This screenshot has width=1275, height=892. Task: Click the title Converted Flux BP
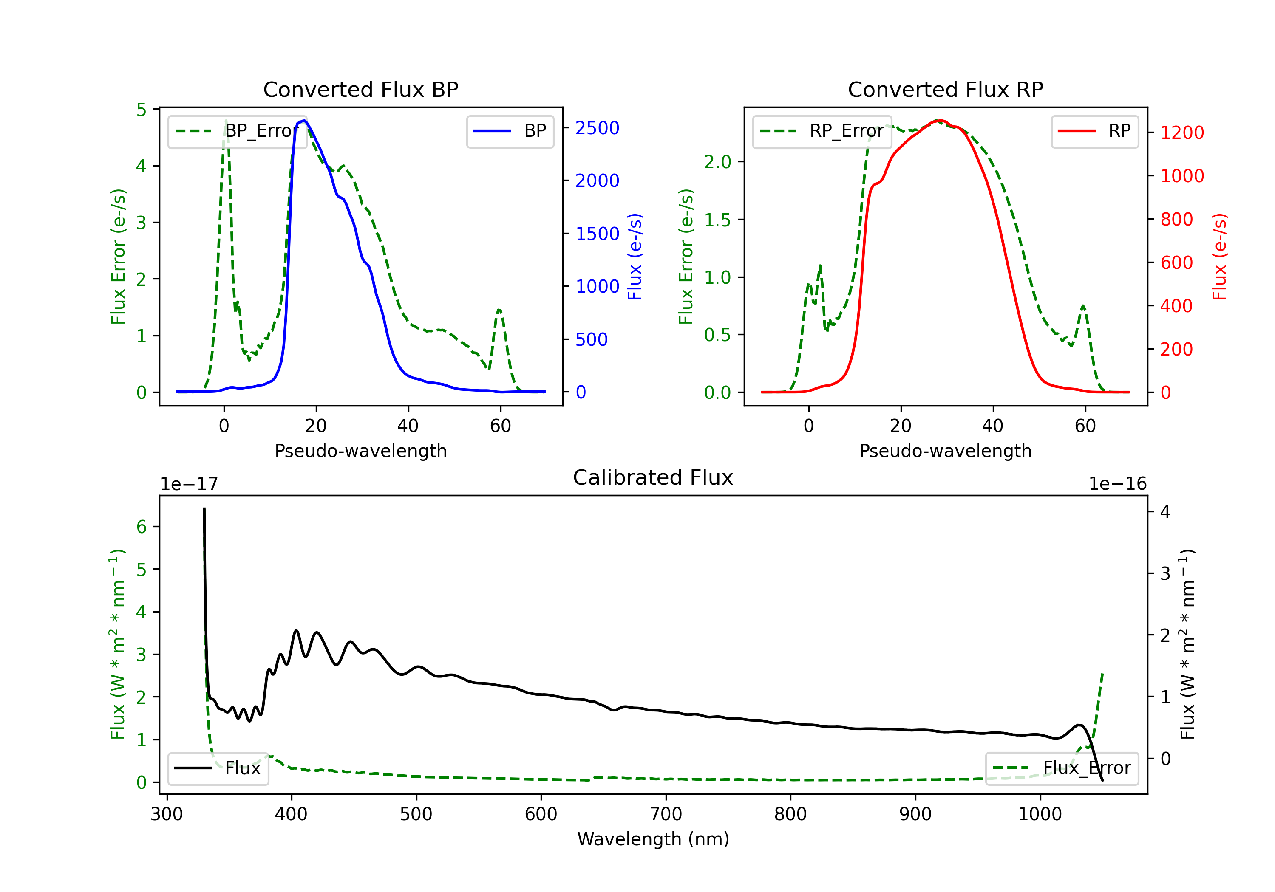point(360,89)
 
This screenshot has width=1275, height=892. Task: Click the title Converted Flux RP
point(945,89)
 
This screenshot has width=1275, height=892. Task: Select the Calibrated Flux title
point(653,477)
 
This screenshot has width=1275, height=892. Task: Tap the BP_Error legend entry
point(237,131)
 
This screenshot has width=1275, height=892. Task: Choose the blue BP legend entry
point(510,131)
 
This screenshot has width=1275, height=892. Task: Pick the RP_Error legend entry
point(822,131)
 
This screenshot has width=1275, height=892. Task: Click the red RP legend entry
point(1094,131)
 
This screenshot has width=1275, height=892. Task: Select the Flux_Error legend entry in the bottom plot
point(1062,768)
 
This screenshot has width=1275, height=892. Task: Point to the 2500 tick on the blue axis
point(597,128)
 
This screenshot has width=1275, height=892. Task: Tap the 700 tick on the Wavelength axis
point(666,814)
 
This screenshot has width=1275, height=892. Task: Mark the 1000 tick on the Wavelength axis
point(1040,814)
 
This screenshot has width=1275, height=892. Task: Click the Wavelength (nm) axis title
point(653,839)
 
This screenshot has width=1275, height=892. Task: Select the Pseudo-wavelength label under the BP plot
point(361,451)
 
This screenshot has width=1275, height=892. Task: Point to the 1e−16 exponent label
point(1118,484)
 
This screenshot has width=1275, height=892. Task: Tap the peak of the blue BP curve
point(304,121)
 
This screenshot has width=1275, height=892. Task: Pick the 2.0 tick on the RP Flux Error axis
point(717,162)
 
